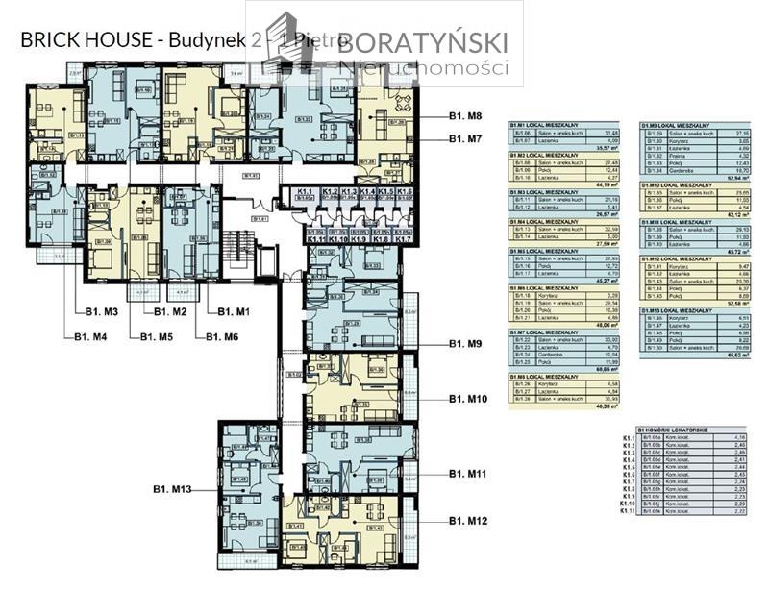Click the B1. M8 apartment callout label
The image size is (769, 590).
[465, 116]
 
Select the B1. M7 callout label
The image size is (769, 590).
[465, 139]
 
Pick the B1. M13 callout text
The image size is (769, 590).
[173, 490]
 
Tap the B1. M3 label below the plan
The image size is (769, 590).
[99, 312]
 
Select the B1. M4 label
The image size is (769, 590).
[92, 336]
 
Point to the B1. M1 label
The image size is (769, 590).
[233, 312]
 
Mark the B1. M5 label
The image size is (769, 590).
[156, 336]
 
